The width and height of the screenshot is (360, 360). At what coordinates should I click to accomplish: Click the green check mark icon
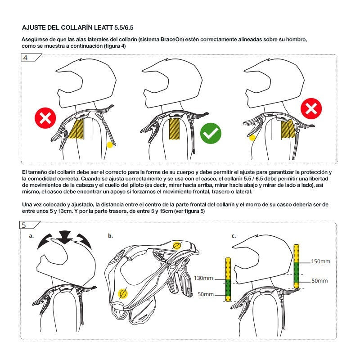pyautogui.click(x=211, y=134)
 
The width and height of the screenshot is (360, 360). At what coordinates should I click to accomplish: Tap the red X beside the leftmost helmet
pyautogui.click(x=45, y=119)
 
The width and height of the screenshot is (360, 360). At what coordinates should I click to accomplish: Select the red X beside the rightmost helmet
pyautogui.click(x=311, y=109)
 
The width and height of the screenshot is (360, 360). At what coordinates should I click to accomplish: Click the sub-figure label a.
pyautogui.click(x=31, y=235)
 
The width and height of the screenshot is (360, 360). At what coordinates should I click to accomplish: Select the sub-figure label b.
pyautogui.click(x=110, y=235)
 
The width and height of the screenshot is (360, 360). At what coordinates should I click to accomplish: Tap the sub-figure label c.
pyautogui.click(x=234, y=235)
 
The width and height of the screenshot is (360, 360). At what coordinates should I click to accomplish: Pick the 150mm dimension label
pyautogui.click(x=320, y=261)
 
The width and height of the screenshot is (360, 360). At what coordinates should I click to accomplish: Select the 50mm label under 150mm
pyautogui.click(x=319, y=280)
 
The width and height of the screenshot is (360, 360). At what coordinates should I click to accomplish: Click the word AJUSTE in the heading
pyautogui.click(x=35, y=27)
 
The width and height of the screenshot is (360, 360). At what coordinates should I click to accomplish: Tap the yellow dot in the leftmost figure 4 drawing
pyautogui.click(x=109, y=144)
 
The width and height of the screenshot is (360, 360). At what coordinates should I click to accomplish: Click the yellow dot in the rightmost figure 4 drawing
pyautogui.click(x=252, y=137)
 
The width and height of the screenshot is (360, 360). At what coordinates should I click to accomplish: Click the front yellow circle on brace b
pyautogui.click(x=122, y=293)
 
